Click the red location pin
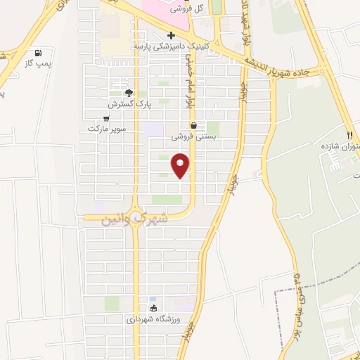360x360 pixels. [x=181, y=165]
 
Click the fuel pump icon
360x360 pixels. [x=37, y=52]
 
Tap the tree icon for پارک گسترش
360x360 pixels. [x=129, y=92]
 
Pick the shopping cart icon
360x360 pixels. [x=106, y=118]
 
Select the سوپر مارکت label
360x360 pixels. [x=105, y=129]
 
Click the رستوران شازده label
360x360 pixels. [x=340, y=146]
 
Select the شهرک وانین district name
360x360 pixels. [x=136, y=219]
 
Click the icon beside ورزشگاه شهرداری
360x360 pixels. [x=153, y=307]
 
